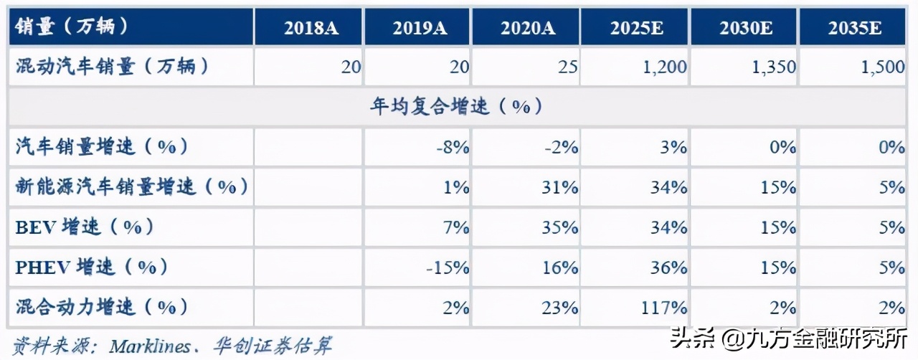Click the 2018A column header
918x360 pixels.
pyautogui.click(x=311, y=28)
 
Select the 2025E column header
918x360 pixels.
pyautogui.click(x=635, y=28)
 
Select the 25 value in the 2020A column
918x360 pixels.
pyautogui.click(x=566, y=67)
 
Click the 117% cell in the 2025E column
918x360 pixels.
pyautogui.click(x=663, y=308)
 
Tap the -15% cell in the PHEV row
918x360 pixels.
pyautogui.click(x=447, y=268)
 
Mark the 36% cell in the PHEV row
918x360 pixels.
pyautogui.click(x=668, y=268)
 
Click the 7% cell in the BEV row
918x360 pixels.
pyautogui.click(x=457, y=228)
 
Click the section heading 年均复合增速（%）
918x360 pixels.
pyautogui.click(x=456, y=108)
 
